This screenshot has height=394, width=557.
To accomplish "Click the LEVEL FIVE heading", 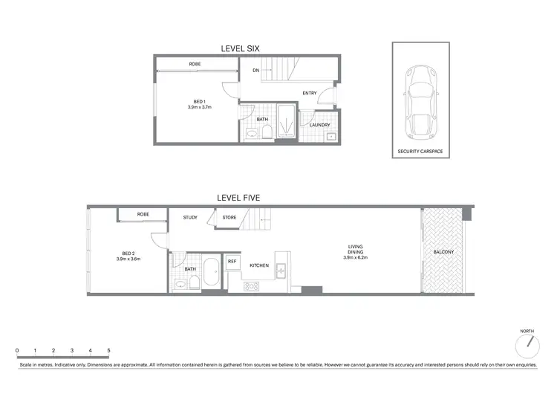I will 238,198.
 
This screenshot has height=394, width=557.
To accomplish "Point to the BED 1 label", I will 199,101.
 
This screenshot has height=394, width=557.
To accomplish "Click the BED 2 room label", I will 128,256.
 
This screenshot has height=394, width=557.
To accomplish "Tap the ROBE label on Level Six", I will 195,64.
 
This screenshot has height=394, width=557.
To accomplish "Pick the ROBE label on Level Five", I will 143,214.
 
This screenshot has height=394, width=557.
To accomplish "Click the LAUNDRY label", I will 319,125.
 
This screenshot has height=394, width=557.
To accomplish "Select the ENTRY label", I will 310,93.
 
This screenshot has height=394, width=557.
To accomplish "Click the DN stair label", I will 255,71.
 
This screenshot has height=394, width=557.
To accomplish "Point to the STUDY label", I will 191,218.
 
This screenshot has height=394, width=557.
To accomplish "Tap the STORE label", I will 229,218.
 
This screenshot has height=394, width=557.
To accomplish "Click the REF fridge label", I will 232,262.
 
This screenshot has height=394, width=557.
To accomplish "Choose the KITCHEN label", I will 258,265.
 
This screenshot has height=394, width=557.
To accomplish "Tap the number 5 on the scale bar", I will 108,349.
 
